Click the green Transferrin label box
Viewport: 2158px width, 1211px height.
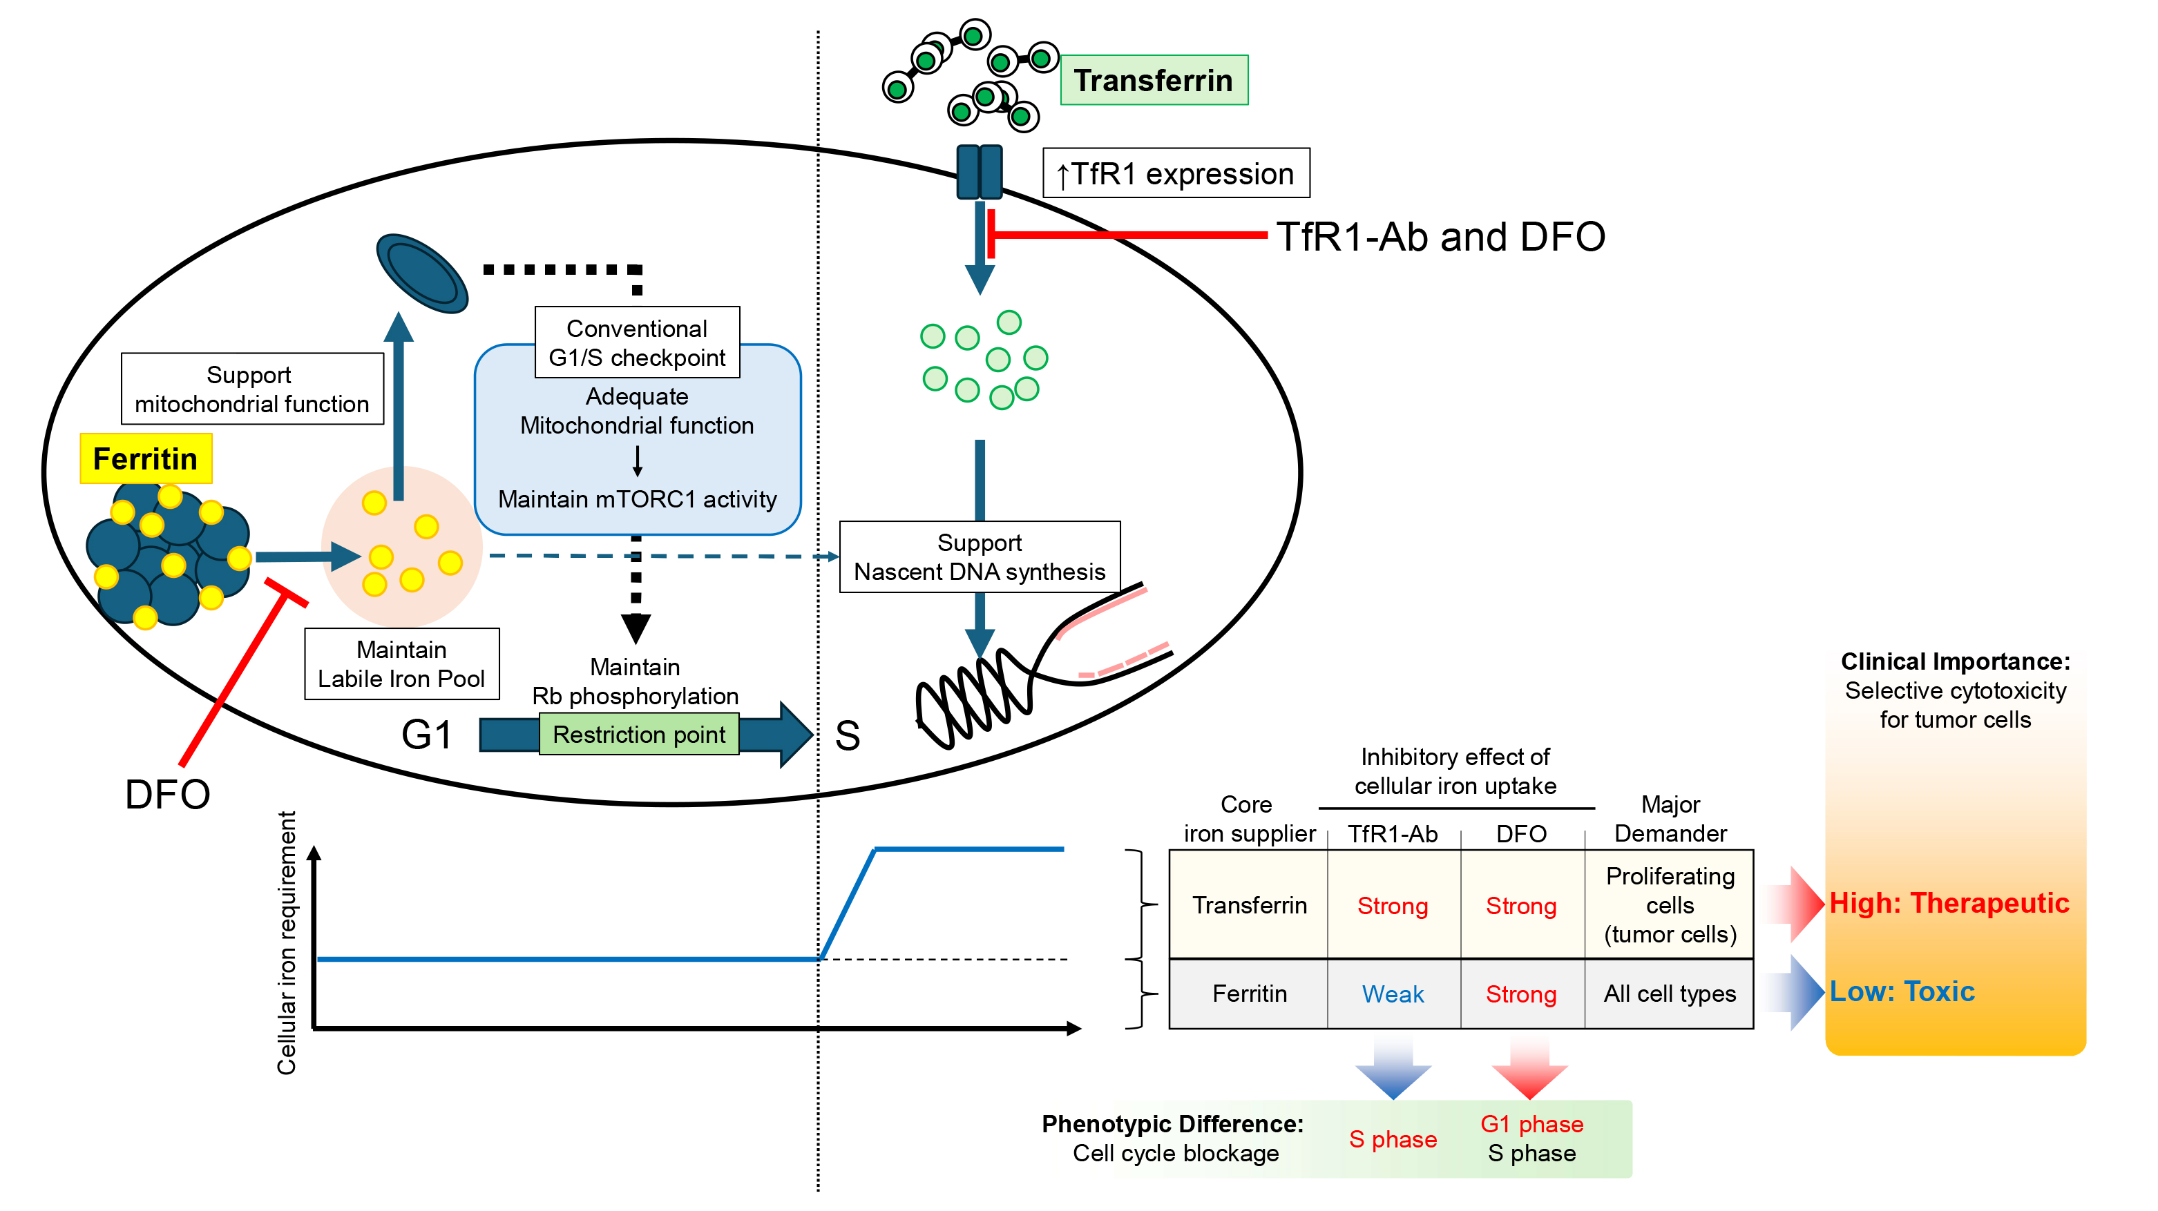(1154, 80)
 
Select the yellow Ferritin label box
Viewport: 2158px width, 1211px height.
(146, 459)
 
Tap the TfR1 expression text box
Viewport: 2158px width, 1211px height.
(1175, 173)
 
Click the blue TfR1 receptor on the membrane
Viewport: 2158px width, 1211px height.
(980, 172)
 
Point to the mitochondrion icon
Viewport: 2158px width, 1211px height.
(421, 273)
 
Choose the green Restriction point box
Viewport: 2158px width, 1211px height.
(638, 735)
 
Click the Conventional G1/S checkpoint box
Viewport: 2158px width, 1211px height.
(637, 342)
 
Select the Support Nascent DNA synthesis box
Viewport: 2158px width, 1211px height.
(980, 557)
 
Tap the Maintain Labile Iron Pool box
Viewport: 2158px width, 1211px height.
(401, 664)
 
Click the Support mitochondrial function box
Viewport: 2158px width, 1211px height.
(251, 389)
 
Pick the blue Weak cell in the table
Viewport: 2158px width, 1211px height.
(1393, 994)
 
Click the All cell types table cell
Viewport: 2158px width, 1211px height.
(1669, 994)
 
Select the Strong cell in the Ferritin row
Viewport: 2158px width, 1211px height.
(1520, 994)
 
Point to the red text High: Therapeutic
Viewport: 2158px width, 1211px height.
(1949, 903)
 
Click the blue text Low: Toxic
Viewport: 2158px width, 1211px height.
(1902, 991)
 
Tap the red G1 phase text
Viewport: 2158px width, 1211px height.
(1531, 1124)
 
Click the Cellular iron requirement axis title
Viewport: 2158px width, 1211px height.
(287, 942)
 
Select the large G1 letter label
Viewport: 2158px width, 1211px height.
(426, 735)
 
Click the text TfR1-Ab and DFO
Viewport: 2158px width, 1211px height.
(1440, 237)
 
